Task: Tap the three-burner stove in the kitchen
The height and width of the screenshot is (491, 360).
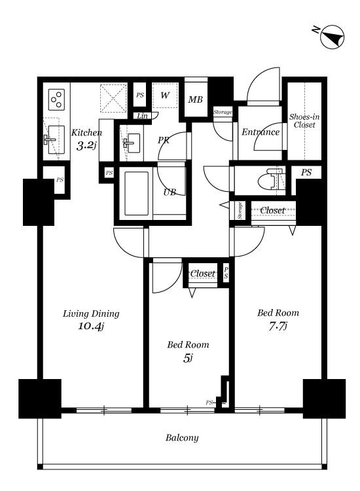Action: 57,100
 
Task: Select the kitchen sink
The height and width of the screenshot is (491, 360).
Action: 56,140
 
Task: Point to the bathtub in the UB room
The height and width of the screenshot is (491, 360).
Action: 137,193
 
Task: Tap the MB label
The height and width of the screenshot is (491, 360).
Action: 195,100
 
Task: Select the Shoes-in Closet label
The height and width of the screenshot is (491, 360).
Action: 304,120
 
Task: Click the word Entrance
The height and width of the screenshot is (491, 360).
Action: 261,132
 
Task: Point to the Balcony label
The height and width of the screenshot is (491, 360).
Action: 182,437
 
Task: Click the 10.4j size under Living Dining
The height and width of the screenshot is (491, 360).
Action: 91,326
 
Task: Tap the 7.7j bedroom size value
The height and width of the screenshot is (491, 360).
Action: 278,326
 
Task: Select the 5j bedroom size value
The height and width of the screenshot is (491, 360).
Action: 188,358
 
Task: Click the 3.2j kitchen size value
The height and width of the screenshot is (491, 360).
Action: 86,145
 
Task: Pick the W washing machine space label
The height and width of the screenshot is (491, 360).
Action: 165,95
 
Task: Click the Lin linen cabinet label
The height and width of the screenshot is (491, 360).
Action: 142,116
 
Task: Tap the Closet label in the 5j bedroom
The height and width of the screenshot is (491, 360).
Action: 203,274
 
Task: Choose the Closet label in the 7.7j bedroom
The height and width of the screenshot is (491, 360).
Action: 273,210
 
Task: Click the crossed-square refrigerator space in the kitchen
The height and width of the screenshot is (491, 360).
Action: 113,98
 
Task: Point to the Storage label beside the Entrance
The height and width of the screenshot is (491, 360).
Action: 223,112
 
